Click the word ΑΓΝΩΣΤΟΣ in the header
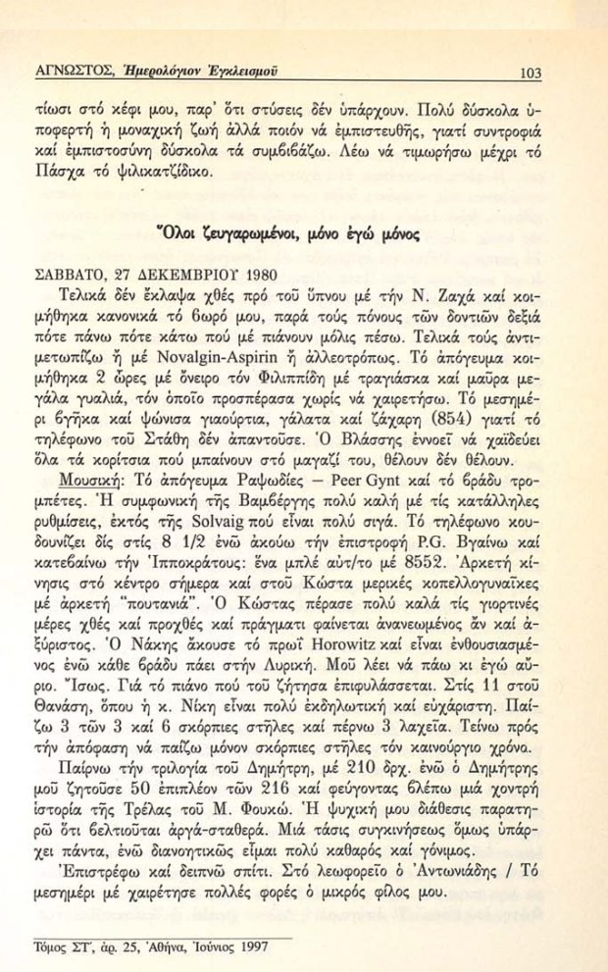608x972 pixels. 69,71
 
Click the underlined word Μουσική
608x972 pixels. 78,487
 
